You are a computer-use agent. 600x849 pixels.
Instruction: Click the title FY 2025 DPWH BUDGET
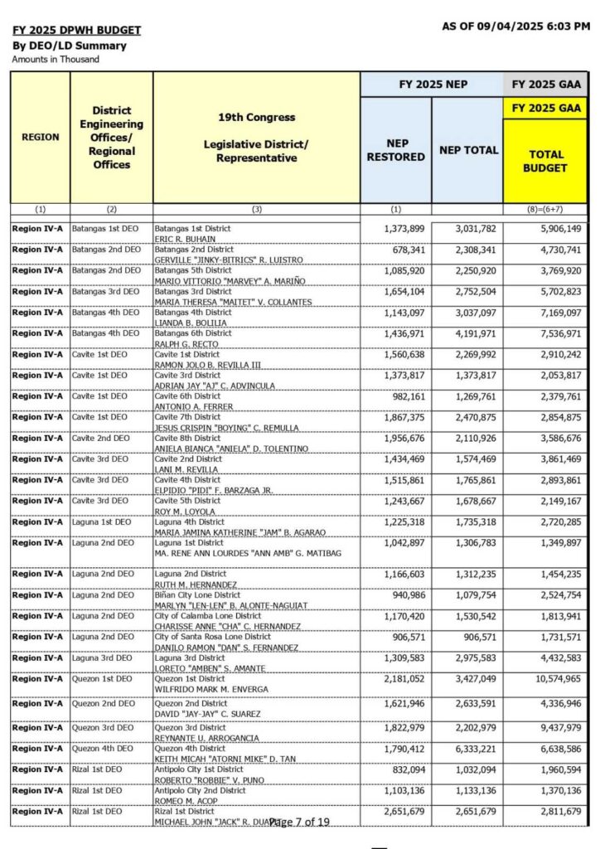pos(76,31)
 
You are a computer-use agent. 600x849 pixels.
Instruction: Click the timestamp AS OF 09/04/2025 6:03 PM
pos(516,27)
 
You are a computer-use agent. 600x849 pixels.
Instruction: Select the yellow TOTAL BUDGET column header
pos(544,161)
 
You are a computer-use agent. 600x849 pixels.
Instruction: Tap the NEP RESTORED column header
pos(395,150)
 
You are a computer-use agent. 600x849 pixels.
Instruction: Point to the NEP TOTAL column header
pos(468,150)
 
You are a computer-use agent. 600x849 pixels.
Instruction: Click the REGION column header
pos(40,137)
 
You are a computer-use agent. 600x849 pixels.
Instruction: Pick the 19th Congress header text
pos(256,117)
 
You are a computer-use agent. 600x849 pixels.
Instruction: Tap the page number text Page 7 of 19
pos(299,822)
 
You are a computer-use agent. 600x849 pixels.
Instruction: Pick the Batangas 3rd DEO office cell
pos(105,291)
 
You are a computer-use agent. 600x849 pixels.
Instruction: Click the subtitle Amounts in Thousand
pos(56,59)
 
